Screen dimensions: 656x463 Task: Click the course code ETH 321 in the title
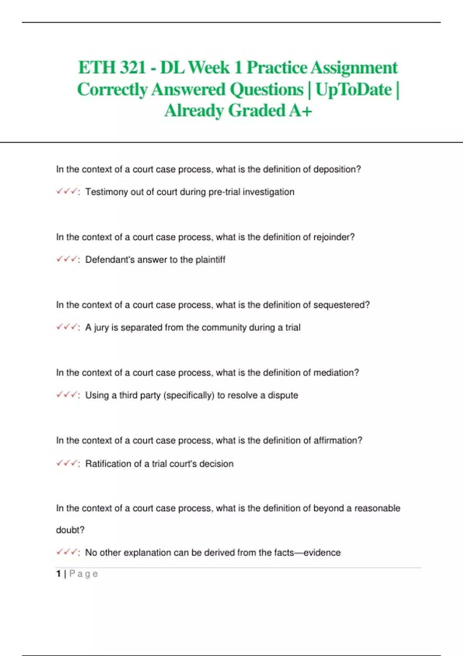point(112,68)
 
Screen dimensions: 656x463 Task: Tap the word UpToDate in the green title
point(353,90)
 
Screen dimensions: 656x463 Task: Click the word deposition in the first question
point(337,169)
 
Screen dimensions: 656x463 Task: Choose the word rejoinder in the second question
point(334,237)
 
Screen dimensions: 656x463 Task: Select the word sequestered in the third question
point(341,305)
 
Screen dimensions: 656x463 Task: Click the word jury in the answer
point(101,328)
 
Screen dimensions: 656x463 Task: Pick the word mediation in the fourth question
point(336,373)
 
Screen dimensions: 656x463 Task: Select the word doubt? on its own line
point(70,530)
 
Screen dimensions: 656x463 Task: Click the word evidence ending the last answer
point(322,553)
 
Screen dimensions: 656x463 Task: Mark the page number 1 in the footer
point(58,574)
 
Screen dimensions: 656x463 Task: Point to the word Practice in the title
point(277,68)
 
